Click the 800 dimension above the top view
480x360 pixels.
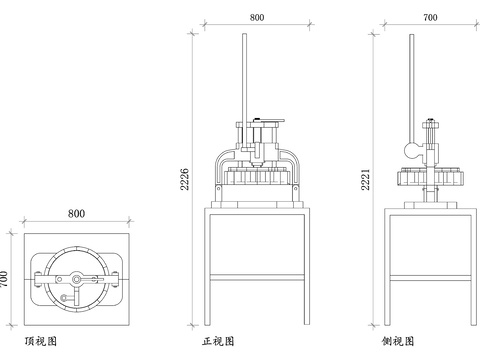coord(76,213)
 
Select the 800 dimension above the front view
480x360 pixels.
coord(257,17)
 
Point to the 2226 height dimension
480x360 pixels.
coord(183,177)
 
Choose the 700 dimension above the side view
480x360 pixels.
coord(430,17)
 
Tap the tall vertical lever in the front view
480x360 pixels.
coord(242,80)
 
